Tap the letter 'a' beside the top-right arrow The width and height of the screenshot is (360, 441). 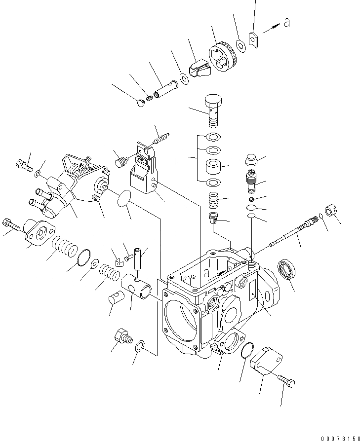click(285, 23)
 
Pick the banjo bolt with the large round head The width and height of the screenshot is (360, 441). click(213, 110)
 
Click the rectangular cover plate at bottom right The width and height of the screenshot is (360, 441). click(268, 365)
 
